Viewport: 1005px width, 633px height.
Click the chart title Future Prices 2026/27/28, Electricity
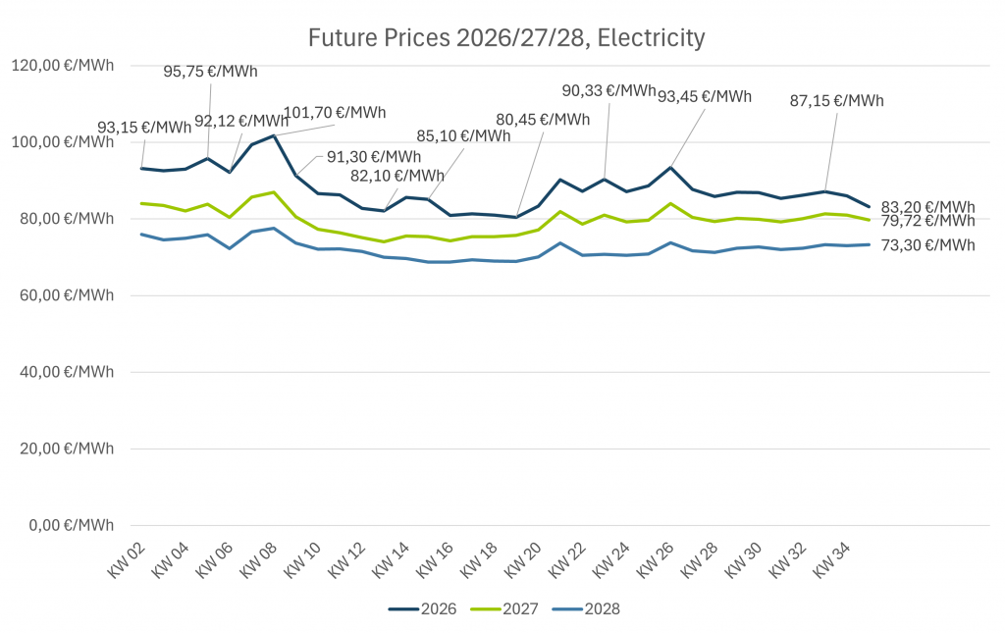[x=506, y=38]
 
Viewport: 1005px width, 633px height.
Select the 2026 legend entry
[x=423, y=608]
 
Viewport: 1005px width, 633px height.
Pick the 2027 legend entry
[x=504, y=608]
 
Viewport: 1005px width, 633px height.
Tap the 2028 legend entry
[x=586, y=608]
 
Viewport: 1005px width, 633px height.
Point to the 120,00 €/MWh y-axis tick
[x=62, y=66]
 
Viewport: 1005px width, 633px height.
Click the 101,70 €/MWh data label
[x=335, y=112]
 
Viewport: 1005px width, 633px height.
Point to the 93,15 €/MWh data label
[x=144, y=128]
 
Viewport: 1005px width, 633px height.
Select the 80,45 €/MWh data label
[x=543, y=120]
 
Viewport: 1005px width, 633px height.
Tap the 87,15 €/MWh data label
[x=836, y=100]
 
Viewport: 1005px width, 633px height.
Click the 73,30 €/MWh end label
[x=927, y=244]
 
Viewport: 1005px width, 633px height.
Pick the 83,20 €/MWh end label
[x=927, y=207]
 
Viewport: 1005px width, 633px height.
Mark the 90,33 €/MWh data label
[x=608, y=90]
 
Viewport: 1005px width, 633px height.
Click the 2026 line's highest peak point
[x=274, y=135]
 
